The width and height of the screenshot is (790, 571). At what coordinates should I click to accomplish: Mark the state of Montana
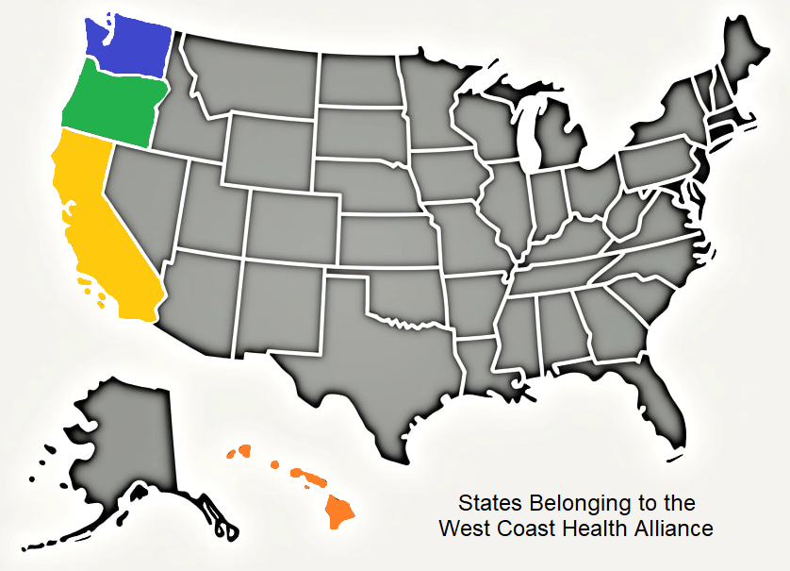click(255, 80)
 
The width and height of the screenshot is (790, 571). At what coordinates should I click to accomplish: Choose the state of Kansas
click(387, 241)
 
